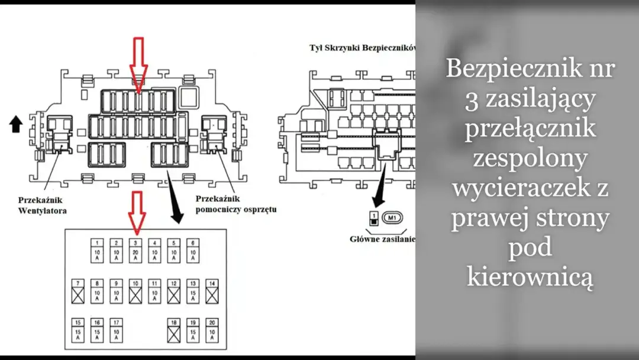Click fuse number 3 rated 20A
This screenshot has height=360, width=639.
pyautogui.click(x=135, y=250)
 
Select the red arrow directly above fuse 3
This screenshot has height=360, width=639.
pyautogui.click(x=137, y=211)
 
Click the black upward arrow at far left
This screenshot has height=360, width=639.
pyautogui.click(x=16, y=123)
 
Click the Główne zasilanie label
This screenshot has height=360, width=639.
pyautogui.click(x=382, y=239)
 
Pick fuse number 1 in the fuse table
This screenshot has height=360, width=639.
pyautogui.click(x=98, y=250)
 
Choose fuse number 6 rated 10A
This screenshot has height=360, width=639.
pyautogui.click(x=192, y=250)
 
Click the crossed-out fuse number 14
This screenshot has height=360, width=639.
pyautogui.click(x=212, y=291)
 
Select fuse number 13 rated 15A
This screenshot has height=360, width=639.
pyautogui.click(x=192, y=291)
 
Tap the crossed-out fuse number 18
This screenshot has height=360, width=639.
pyautogui.click(x=173, y=331)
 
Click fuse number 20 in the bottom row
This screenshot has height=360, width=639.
pyautogui.click(x=212, y=331)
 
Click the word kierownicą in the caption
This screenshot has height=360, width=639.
pyautogui.click(x=530, y=277)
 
